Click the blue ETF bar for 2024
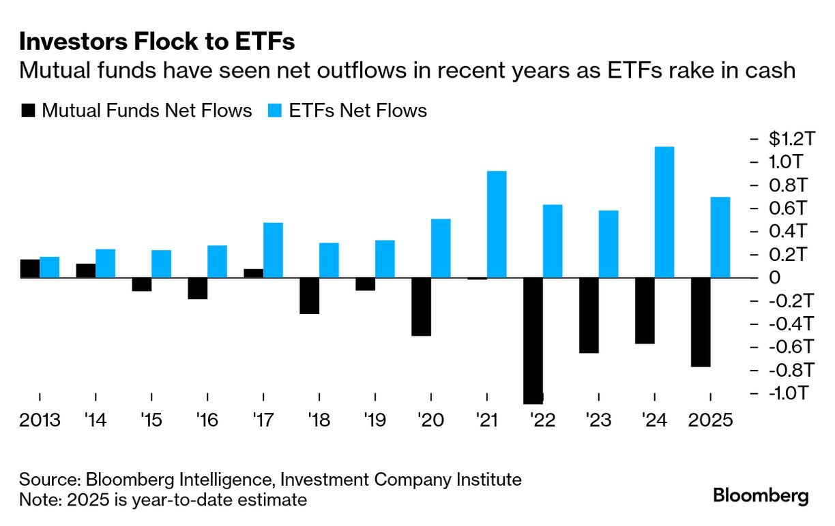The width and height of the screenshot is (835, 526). pos(664,212)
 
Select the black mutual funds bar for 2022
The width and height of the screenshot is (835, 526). pos(533,341)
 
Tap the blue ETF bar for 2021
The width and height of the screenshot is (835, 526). pos(497,224)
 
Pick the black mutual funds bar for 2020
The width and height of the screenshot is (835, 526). pos(422,307)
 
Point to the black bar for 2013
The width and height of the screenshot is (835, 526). pos(30,268)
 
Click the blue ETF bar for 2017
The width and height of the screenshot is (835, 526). pos(273,250)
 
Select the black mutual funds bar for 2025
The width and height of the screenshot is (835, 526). pos(701,322)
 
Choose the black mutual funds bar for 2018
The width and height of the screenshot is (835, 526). pos(310,296)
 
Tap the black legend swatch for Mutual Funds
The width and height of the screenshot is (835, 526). pos(28,110)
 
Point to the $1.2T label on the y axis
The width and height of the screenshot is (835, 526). pos(791,139)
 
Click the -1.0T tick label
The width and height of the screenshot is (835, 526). pos(791,394)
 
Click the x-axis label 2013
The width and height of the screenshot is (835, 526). pos(40,420)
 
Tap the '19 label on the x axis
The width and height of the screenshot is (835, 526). pos(375,420)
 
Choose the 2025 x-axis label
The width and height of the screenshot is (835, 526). pos(711,420)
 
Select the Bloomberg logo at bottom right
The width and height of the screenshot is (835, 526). pos(761,496)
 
